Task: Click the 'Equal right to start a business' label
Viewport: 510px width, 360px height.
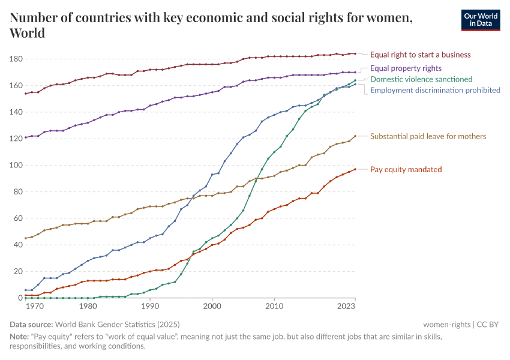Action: tap(420, 55)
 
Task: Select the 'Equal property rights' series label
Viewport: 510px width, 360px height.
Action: tap(406, 68)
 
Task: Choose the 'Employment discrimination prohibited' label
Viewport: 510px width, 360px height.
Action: tap(435, 91)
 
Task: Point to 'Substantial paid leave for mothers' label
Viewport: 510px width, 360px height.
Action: tap(428, 137)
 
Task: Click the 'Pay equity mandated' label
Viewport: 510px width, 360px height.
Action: tap(406, 170)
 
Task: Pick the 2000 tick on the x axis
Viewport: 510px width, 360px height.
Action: tap(212, 307)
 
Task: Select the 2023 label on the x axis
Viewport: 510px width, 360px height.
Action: tap(355, 307)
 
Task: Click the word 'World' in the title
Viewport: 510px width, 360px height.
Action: tap(28, 32)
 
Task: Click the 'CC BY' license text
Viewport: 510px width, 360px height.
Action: tap(488, 324)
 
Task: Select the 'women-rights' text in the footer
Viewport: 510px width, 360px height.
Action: tap(447, 324)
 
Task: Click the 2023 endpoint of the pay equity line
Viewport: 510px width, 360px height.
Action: tap(355, 169)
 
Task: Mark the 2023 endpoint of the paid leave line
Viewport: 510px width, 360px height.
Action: tap(355, 136)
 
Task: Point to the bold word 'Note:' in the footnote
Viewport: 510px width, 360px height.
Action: tap(20, 337)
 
